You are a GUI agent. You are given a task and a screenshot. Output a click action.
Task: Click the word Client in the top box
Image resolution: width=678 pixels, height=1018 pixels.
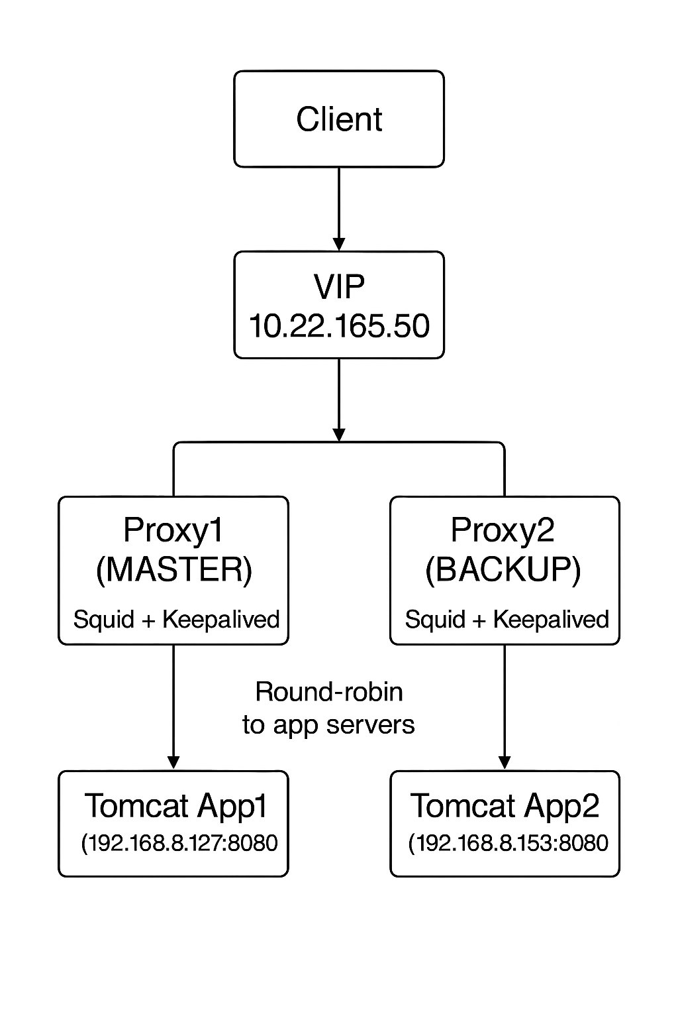pyautogui.click(x=339, y=120)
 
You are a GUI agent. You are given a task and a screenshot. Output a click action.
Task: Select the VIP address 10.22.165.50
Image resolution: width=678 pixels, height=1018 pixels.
pyautogui.click(x=339, y=326)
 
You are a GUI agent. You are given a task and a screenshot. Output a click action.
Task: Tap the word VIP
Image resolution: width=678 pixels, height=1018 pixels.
pyautogui.click(x=339, y=286)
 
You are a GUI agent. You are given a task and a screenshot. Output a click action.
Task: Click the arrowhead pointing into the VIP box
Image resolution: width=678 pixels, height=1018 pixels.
pyautogui.click(x=339, y=244)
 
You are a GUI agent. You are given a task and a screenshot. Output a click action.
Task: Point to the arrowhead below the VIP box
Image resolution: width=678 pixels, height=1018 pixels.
pyautogui.click(x=339, y=434)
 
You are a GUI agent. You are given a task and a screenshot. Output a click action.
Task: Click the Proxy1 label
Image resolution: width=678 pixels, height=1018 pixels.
pyautogui.click(x=173, y=530)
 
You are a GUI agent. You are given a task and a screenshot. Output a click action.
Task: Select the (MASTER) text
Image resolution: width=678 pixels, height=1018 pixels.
pyautogui.click(x=173, y=569)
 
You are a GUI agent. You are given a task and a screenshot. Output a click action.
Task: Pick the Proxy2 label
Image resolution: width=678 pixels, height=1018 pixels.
pyautogui.click(x=503, y=530)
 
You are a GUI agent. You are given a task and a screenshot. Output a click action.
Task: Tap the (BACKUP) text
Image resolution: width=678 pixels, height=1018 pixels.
pyautogui.click(x=503, y=569)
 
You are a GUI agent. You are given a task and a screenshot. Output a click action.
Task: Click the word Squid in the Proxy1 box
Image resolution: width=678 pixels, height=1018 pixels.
pyautogui.click(x=103, y=620)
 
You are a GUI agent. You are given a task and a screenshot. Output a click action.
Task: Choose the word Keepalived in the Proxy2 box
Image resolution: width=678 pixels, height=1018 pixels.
pyautogui.click(x=551, y=620)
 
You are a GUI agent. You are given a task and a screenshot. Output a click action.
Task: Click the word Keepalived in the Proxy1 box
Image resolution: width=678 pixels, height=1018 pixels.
pyautogui.click(x=220, y=620)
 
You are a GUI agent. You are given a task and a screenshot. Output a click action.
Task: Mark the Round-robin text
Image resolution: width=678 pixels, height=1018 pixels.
pyautogui.click(x=329, y=692)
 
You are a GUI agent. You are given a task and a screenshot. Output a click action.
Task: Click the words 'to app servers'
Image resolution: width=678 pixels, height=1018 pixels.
pyautogui.click(x=329, y=724)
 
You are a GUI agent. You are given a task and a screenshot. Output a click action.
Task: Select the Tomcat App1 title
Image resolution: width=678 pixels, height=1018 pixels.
pyautogui.click(x=176, y=806)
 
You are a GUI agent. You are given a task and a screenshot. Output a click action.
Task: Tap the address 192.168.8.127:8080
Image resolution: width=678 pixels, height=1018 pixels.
pyautogui.click(x=179, y=843)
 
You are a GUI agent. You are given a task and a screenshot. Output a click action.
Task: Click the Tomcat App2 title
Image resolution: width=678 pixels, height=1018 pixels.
pyautogui.click(x=505, y=806)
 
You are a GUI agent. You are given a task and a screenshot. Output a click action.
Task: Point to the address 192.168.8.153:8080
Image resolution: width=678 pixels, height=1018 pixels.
pyautogui.click(x=508, y=843)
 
